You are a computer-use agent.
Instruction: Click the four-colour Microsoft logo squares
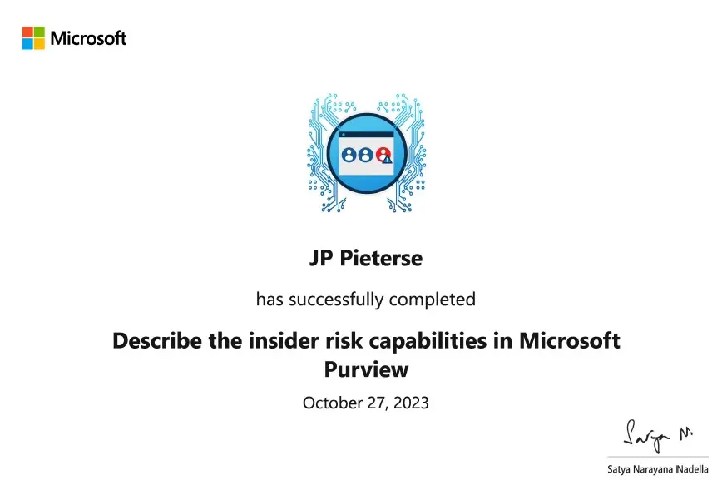(x=33, y=38)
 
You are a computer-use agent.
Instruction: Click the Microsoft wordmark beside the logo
(x=88, y=38)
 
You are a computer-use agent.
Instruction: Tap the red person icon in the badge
(x=383, y=154)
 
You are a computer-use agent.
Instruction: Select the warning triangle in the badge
(x=388, y=160)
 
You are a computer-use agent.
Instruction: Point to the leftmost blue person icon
(x=349, y=155)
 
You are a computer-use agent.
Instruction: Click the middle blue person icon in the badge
(x=366, y=155)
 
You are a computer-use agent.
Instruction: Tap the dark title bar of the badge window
(x=366, y=135)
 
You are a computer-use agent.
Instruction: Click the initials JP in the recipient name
(x=321, y=259)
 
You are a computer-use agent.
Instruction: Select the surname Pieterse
(x=381, y=259)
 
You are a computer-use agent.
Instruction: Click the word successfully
(x=336, y=300)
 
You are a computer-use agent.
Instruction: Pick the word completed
(x=432, y=300)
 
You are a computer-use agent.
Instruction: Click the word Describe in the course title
(x=157, y=341)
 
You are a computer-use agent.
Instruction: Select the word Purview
(x=366, y=369)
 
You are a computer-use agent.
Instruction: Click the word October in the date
(x=333, y=403)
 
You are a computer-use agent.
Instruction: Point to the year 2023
(x=411, y=403)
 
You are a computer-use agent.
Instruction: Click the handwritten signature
(x=657, y=437)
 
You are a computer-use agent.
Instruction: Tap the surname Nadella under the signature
(x=692, y=469)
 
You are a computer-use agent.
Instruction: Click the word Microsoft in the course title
(x=569, y=341)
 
